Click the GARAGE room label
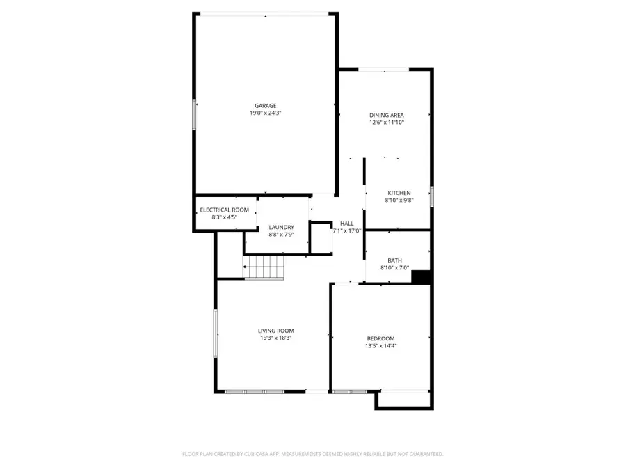click(x=265, y=106)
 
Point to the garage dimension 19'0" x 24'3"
click(x=265, y=113)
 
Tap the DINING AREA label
click(x=387, y=115)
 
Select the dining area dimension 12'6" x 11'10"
click(x=387, y=123)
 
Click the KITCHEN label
click(x=399, y=193)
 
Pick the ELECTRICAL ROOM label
click(x=224, y=210)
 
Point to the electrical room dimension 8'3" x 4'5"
click(x=224, y=217)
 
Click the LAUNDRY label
click(x=282, y=227)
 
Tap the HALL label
click(x=346, y=224)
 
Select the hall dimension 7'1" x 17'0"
click(x=346, y=231)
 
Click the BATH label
click(x=394, y=260)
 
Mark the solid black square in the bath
click(x=422, y=276)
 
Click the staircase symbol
click(x=264, y=267)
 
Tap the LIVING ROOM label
click(x=275, y=331)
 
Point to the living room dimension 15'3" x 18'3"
click(x=275, y=338)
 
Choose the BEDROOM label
click(x=380, y=338)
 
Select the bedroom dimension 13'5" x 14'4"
click(x=380, y=346)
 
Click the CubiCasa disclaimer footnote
click(x=312, y=453)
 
